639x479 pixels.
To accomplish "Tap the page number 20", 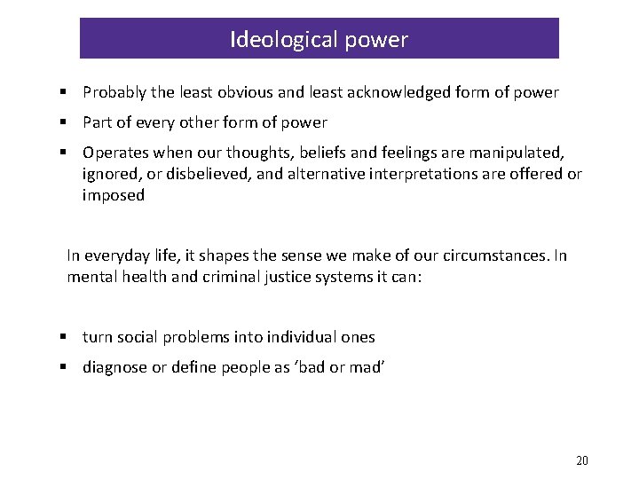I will pyautogui.click(x=582, y=459).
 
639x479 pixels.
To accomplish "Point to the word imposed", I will pyautogui.click(x=114, y=195).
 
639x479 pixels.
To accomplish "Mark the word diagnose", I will pyautogui.click(x=115, y=367).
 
